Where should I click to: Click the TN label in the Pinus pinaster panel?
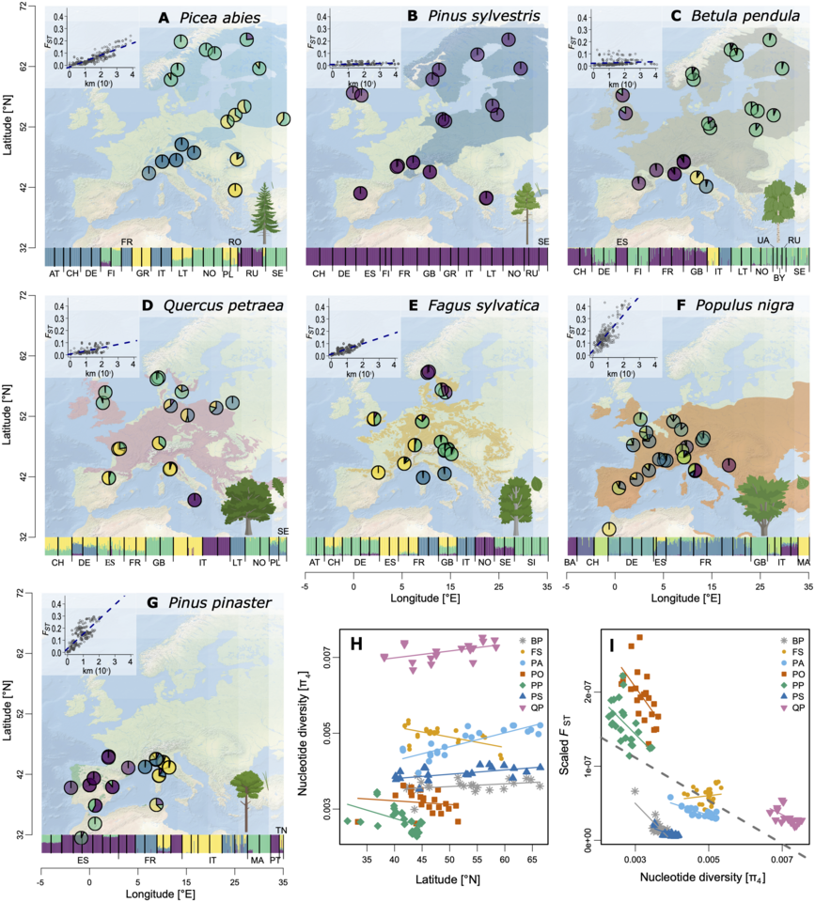click(281, 829)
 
